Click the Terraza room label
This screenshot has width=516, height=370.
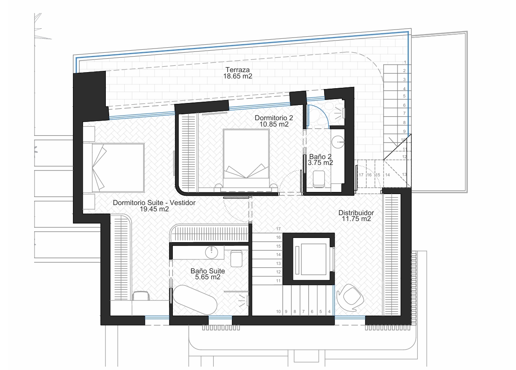pos(237,70)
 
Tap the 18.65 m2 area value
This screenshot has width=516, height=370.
pos(237,76)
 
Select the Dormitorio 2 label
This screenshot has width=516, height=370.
pos(274,118)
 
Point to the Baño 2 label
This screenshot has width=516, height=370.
pos(320,157)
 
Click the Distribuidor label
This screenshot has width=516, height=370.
pos(356,213)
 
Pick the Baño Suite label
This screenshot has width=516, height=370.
pos(207,271)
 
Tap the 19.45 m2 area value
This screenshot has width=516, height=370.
pos(154,209)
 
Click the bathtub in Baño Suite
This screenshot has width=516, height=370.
pos(195,300)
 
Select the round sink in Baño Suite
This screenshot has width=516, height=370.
pos(212,252)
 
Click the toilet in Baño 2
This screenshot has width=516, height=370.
pos(319,179)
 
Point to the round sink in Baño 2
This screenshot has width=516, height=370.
pos(338,142)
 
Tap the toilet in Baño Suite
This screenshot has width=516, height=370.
pos(236,259)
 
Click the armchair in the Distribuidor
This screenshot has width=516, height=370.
pos(349,297)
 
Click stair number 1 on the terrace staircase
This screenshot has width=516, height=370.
pos(405,62)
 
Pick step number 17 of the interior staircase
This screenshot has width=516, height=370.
pos(278,229)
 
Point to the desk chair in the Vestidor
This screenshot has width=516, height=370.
pos(141,296)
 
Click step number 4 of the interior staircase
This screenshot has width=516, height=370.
pos(329,311)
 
